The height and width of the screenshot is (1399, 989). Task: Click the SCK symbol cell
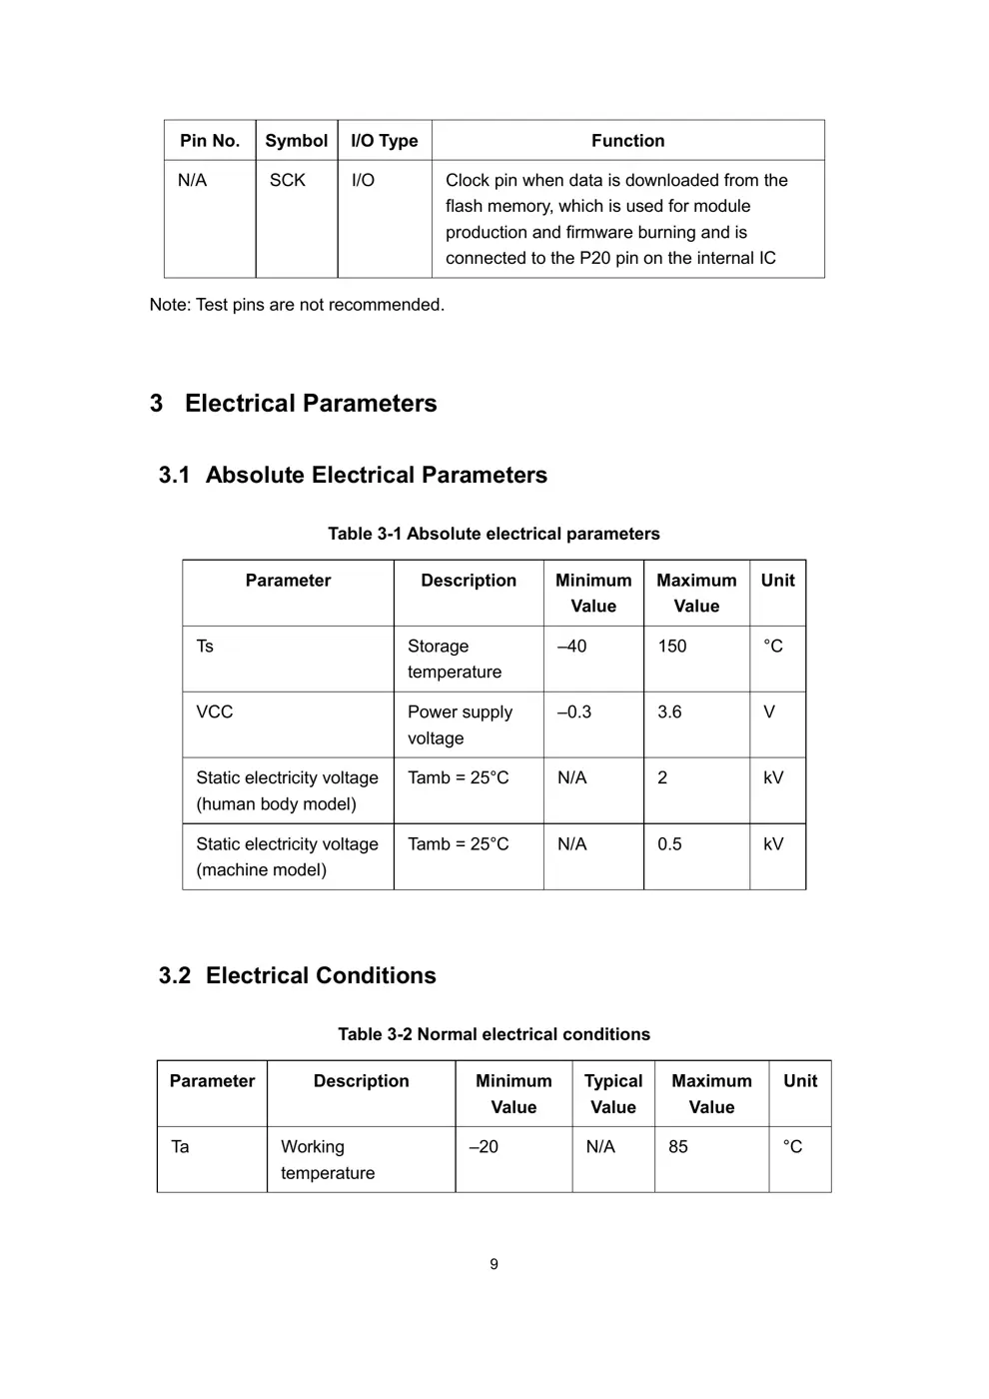tap(288, 181)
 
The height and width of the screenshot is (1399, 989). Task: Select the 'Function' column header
tap(627, 141)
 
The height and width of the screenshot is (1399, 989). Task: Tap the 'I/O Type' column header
tap(384, 141)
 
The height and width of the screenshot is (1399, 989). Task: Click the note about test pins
tap(297, 305)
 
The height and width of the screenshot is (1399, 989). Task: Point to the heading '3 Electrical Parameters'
tap(294, 404)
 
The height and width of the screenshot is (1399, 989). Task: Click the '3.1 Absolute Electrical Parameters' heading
tap(353, 476)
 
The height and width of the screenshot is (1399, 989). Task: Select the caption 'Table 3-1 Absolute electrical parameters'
tap(494, 534)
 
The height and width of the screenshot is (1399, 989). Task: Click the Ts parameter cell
tap(205, 647)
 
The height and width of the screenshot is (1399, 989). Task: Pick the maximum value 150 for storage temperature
tap(672, 647)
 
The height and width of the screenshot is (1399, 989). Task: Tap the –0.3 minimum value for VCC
tap(574, 712)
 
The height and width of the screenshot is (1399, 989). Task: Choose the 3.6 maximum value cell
tap(669, 712)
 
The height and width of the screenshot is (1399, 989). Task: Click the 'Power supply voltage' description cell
tap(460, 724)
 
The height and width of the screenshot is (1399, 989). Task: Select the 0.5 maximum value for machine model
tap(669, 844)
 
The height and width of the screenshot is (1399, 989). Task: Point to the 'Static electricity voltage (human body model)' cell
tap(287, 790)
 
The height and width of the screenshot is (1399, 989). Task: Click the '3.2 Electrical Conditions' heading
tap(298, 976)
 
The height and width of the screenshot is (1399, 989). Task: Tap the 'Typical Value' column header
tap(612, 1093)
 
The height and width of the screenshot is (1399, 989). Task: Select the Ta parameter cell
tap(181, 1147)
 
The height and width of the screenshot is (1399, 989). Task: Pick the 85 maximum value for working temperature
tap(678, 1147)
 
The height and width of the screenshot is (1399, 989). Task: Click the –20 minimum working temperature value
tap(484, 1147)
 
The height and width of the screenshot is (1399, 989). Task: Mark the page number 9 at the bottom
tap(494, 1265)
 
